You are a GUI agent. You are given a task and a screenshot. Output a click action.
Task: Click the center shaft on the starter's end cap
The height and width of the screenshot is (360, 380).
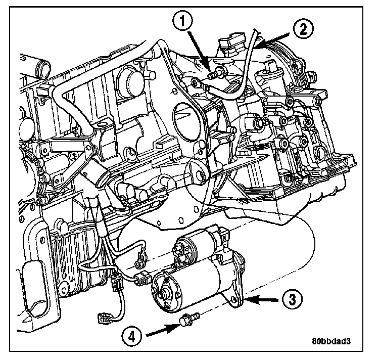point(164,293)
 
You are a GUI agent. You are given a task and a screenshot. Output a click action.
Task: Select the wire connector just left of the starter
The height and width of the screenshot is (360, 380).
point(143,277)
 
